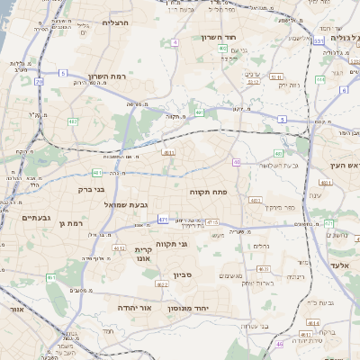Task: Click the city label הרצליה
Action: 116,22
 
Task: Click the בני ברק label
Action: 87,190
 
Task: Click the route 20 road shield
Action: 39,82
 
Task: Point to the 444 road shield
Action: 319,79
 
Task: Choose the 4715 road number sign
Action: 212,221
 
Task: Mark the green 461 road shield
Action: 51,278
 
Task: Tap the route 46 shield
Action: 280,344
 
